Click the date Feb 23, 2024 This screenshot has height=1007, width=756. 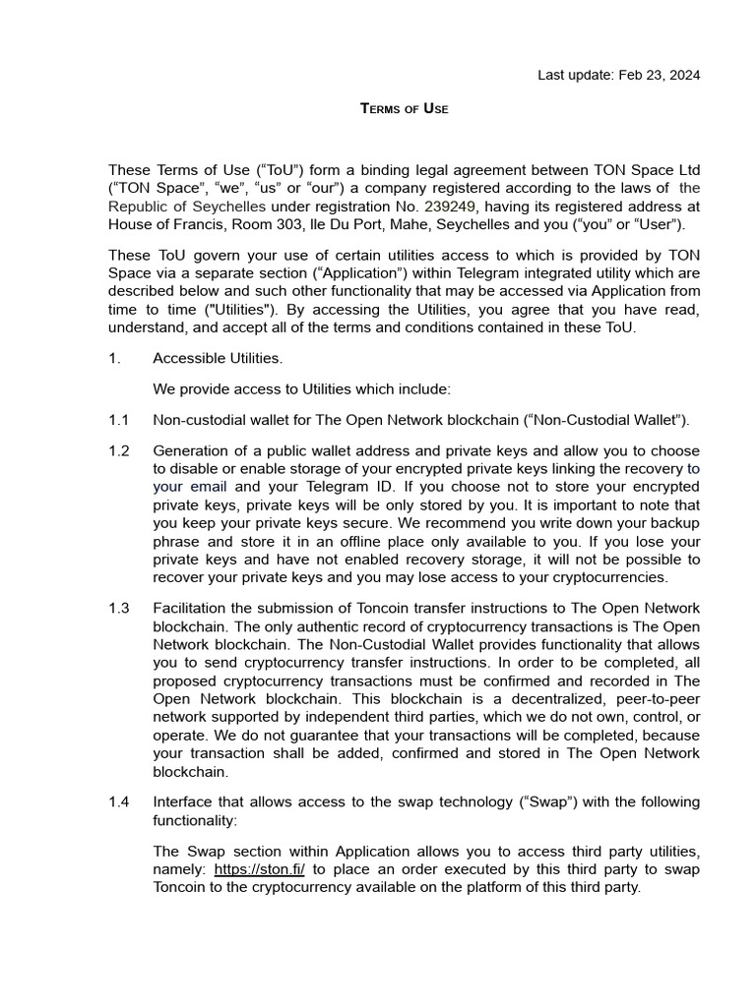pos(660,75)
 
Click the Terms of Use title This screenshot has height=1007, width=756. pos(404,108)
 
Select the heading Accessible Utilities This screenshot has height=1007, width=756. pos(217,359)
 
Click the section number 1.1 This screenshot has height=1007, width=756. pos(119,420)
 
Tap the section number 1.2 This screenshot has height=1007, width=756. pos(119,450)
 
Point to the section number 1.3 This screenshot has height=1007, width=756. pos(119,608)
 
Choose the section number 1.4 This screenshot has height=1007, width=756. pos(119,801)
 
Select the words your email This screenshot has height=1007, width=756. pos(190,487)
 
